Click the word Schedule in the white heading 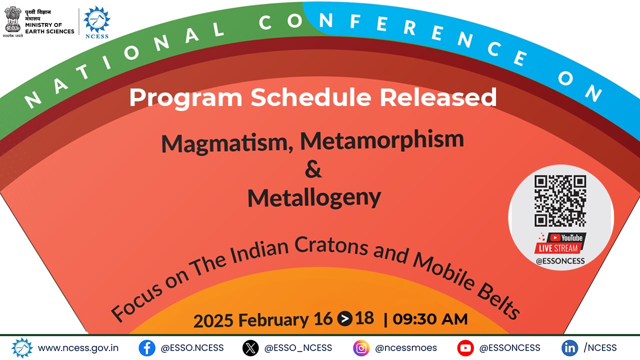311,97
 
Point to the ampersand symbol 313,169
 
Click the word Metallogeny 314,198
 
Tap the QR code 560,201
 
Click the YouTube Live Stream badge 560,243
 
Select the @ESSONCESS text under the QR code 560,261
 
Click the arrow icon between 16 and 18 344,318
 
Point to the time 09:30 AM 430,319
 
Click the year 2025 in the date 213,320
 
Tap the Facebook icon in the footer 147,348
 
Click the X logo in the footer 250,348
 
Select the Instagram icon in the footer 361,348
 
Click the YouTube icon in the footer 465,348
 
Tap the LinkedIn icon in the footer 569,348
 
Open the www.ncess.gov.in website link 78,348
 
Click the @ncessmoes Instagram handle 405,348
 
